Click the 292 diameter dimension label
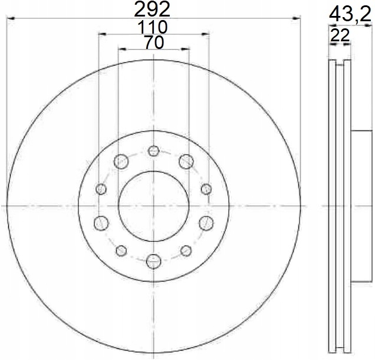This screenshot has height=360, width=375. [x=152, y=9]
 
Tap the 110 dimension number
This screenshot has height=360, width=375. [x=152, y=27]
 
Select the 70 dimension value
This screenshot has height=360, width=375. [x=154, y=42]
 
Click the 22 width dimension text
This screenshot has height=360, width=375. [x=340, y=35]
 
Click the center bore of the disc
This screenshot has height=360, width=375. [x=153, y=206]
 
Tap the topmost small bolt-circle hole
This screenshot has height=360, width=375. [x=153, y=151]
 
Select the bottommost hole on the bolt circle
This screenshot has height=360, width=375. [x=153, y=261]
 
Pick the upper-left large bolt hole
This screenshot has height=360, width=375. [x=121, y=161]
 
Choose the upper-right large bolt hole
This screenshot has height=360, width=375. [x=186, y=161]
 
